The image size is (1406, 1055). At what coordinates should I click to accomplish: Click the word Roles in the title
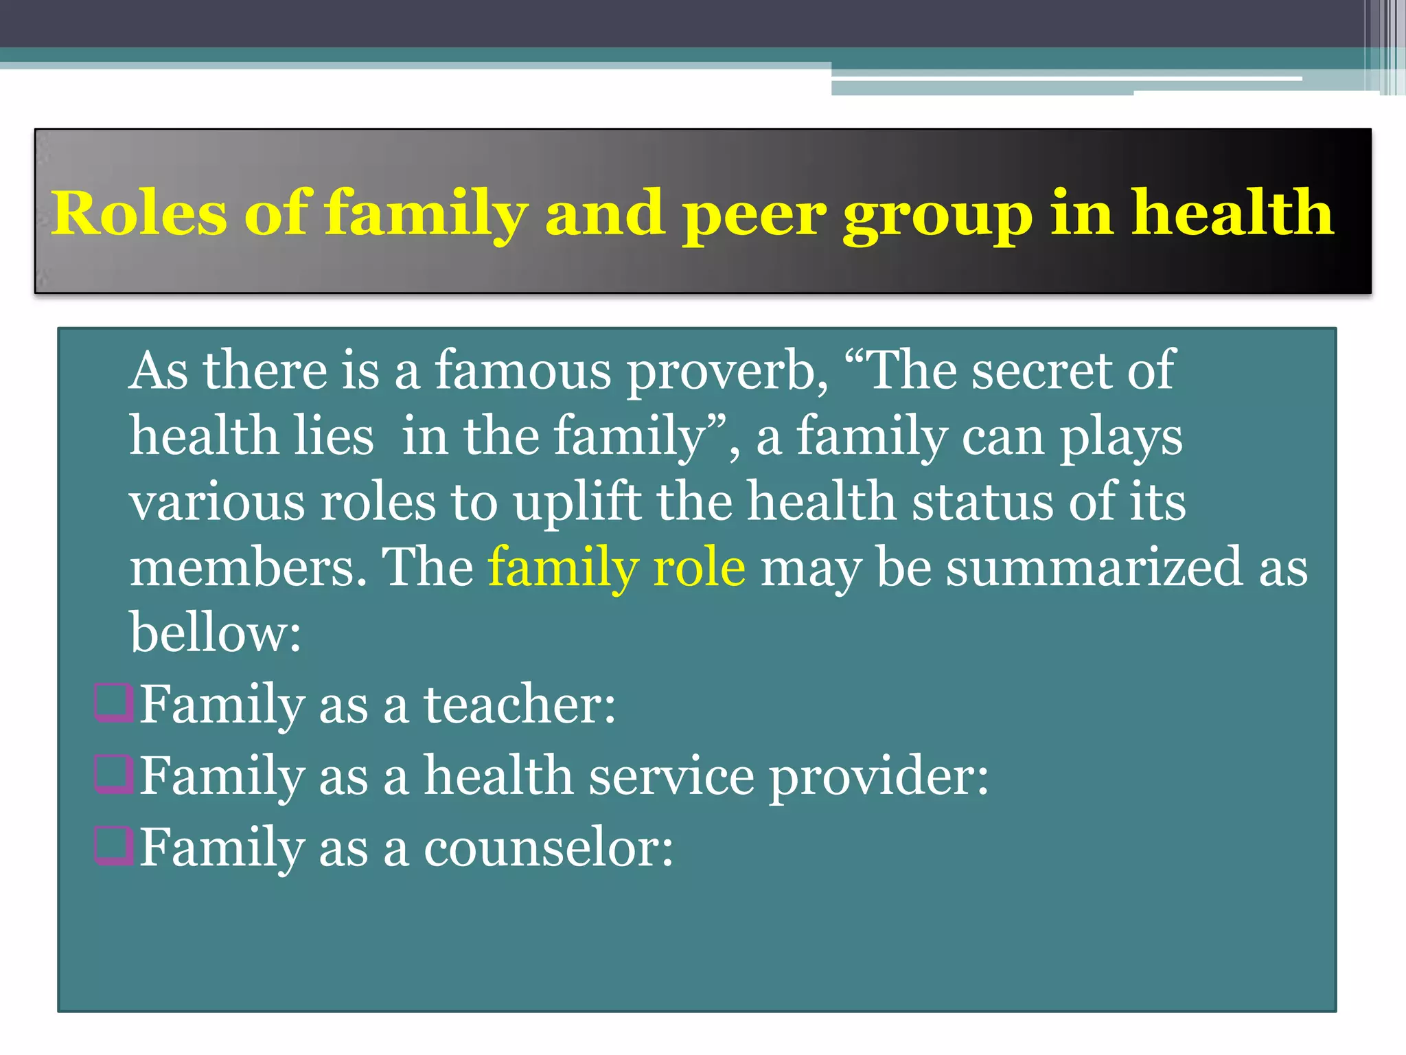(139, 213)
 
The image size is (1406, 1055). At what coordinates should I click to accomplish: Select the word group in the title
(938, 214)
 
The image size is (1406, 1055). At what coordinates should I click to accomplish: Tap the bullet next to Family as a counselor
(113, 846)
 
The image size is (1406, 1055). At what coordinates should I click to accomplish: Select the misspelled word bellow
(216, 632)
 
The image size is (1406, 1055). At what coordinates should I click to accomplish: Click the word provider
(878, 776)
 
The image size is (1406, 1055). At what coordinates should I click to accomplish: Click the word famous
(522, 371)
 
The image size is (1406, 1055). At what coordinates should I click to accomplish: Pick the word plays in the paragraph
(1121, 438)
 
